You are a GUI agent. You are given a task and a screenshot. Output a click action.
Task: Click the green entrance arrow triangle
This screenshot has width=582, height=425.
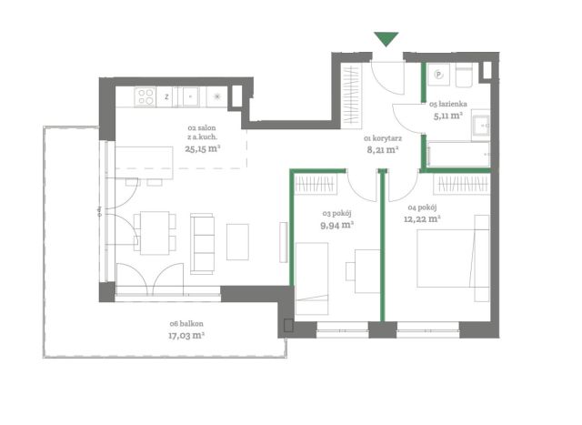(386, 38)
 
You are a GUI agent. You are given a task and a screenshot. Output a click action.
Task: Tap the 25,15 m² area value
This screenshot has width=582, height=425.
(203, 149)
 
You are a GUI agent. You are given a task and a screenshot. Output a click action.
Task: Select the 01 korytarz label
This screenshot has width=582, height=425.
(383, 138)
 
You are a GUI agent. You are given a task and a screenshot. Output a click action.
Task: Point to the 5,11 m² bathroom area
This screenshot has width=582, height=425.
(448, 116)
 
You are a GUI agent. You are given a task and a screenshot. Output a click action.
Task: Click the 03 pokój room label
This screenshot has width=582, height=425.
(336, 214)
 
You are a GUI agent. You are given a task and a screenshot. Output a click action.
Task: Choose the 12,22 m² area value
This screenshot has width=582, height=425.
(422, 218)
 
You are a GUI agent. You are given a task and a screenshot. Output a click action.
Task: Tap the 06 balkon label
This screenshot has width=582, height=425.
(186, 324)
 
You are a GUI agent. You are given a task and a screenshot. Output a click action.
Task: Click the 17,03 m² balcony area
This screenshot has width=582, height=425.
(186, 336)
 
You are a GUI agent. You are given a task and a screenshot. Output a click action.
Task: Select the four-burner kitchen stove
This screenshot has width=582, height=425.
(145, 96)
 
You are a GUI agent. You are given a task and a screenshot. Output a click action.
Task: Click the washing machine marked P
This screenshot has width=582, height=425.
(438, 75)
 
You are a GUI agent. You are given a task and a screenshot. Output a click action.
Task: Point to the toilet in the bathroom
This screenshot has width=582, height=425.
(464, 75)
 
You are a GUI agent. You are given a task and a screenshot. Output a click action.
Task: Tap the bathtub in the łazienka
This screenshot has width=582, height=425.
(458, 154)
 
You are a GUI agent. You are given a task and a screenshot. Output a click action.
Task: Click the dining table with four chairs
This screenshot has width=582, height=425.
(155, 233)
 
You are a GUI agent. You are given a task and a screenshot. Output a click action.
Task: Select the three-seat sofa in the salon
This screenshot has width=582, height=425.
(202, 244)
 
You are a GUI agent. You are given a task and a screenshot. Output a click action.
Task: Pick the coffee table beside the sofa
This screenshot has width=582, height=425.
(237, 242)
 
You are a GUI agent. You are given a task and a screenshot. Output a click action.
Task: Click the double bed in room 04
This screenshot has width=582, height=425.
(453, 258)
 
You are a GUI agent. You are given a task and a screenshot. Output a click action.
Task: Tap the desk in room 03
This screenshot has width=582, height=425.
(367, 271)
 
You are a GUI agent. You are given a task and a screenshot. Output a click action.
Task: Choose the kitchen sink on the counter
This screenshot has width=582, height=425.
(190, 96)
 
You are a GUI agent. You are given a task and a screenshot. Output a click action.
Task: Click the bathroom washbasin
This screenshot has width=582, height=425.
(481, 126)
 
